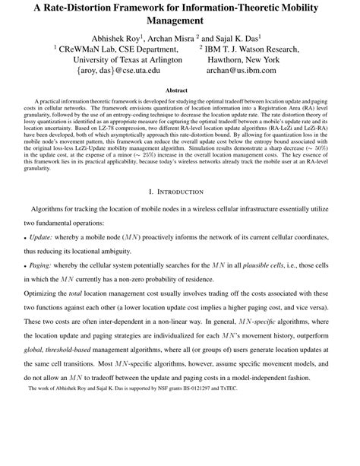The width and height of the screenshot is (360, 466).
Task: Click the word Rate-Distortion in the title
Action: [x=81, y=7]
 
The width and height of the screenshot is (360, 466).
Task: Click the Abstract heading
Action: [x=180, y=90]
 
